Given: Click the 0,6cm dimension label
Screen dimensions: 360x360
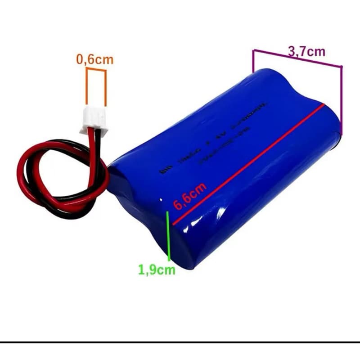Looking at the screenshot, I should pyautogui.click(x=94, y=59).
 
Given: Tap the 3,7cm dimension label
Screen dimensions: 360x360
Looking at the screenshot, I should pyautogui.click(x=306, y=51).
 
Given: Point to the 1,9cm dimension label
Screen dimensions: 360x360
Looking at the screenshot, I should pyautogui.click(x=157, y=270).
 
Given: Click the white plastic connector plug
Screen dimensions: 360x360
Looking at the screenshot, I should pyautogui.click(x=94, y=121).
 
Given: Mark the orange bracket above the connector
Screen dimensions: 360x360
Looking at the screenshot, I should pyautogui.click(x=96, y=70).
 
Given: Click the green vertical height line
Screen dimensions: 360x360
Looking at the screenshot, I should pyautogui.click(x=169, y=236).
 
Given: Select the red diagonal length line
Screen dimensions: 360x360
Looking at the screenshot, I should pyautogui.click(x=247, y=165).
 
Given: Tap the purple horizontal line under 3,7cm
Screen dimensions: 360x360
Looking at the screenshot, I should pyautogui.click(x=297, y=58).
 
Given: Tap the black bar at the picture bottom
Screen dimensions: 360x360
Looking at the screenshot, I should pyautogui.click(x=180, y=342).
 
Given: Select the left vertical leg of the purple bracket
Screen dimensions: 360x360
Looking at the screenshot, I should pyautogui.click(x=253, y=61).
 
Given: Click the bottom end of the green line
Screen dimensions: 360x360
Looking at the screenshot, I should pyautogui.click(x=169, y=260).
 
